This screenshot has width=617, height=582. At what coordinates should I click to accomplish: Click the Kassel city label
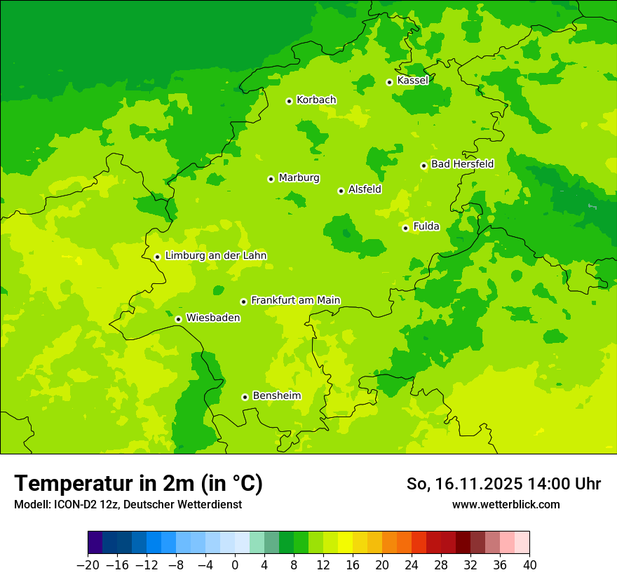pos(412,81)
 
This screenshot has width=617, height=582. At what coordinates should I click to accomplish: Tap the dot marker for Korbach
pos(289,101)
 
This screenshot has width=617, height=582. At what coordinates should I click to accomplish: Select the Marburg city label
pos(299,178)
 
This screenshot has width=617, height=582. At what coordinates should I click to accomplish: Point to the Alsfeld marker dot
pos(341,191)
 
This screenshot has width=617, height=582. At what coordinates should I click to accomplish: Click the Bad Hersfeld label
pos(462,164)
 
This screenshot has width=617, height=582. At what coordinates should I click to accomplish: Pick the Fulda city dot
pos(405,228)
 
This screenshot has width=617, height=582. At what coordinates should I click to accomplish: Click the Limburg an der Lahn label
pos(215,256)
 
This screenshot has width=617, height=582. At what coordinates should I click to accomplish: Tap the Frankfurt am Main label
pos(295,300)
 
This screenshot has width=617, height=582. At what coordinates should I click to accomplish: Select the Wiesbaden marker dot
pos(178,319)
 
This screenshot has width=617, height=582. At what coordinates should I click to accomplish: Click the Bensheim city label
pos(276,395)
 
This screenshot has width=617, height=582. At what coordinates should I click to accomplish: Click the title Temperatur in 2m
pos(138,484)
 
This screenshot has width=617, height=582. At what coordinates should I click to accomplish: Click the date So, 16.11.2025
pos(464,484)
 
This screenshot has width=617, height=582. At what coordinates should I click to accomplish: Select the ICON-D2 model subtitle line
pos(128,504)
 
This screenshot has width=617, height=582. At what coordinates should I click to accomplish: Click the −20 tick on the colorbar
pos(88,565)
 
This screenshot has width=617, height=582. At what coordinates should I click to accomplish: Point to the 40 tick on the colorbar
pos(529,565)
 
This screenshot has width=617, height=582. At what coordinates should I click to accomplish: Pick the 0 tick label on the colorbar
pos(235,565)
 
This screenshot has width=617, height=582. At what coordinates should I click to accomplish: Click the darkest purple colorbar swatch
pos(95,543)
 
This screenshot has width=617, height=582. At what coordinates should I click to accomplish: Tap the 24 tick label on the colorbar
pos(412,565)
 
